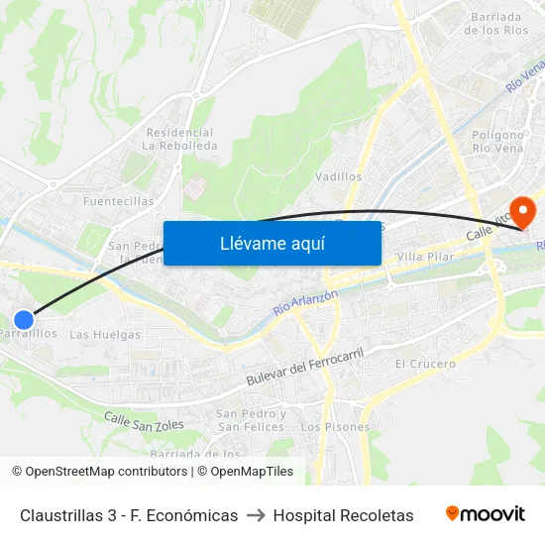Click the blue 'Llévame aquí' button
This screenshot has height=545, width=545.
point(272,243)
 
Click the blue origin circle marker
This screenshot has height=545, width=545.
point(24,319)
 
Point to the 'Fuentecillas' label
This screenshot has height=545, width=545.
point(119,201)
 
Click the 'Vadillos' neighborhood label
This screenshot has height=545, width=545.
point(338,176)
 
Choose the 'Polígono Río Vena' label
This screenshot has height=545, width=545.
point(497,141)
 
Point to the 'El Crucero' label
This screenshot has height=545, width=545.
point(425,364)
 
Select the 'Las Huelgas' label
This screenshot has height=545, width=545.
point(105,334)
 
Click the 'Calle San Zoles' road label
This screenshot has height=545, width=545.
point(144,421)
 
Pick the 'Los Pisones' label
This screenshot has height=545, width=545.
point(335,427)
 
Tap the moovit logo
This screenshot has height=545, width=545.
point(485,514)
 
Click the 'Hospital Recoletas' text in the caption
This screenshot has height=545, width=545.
point(343,515)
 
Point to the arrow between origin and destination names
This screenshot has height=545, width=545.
point(256,515)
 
